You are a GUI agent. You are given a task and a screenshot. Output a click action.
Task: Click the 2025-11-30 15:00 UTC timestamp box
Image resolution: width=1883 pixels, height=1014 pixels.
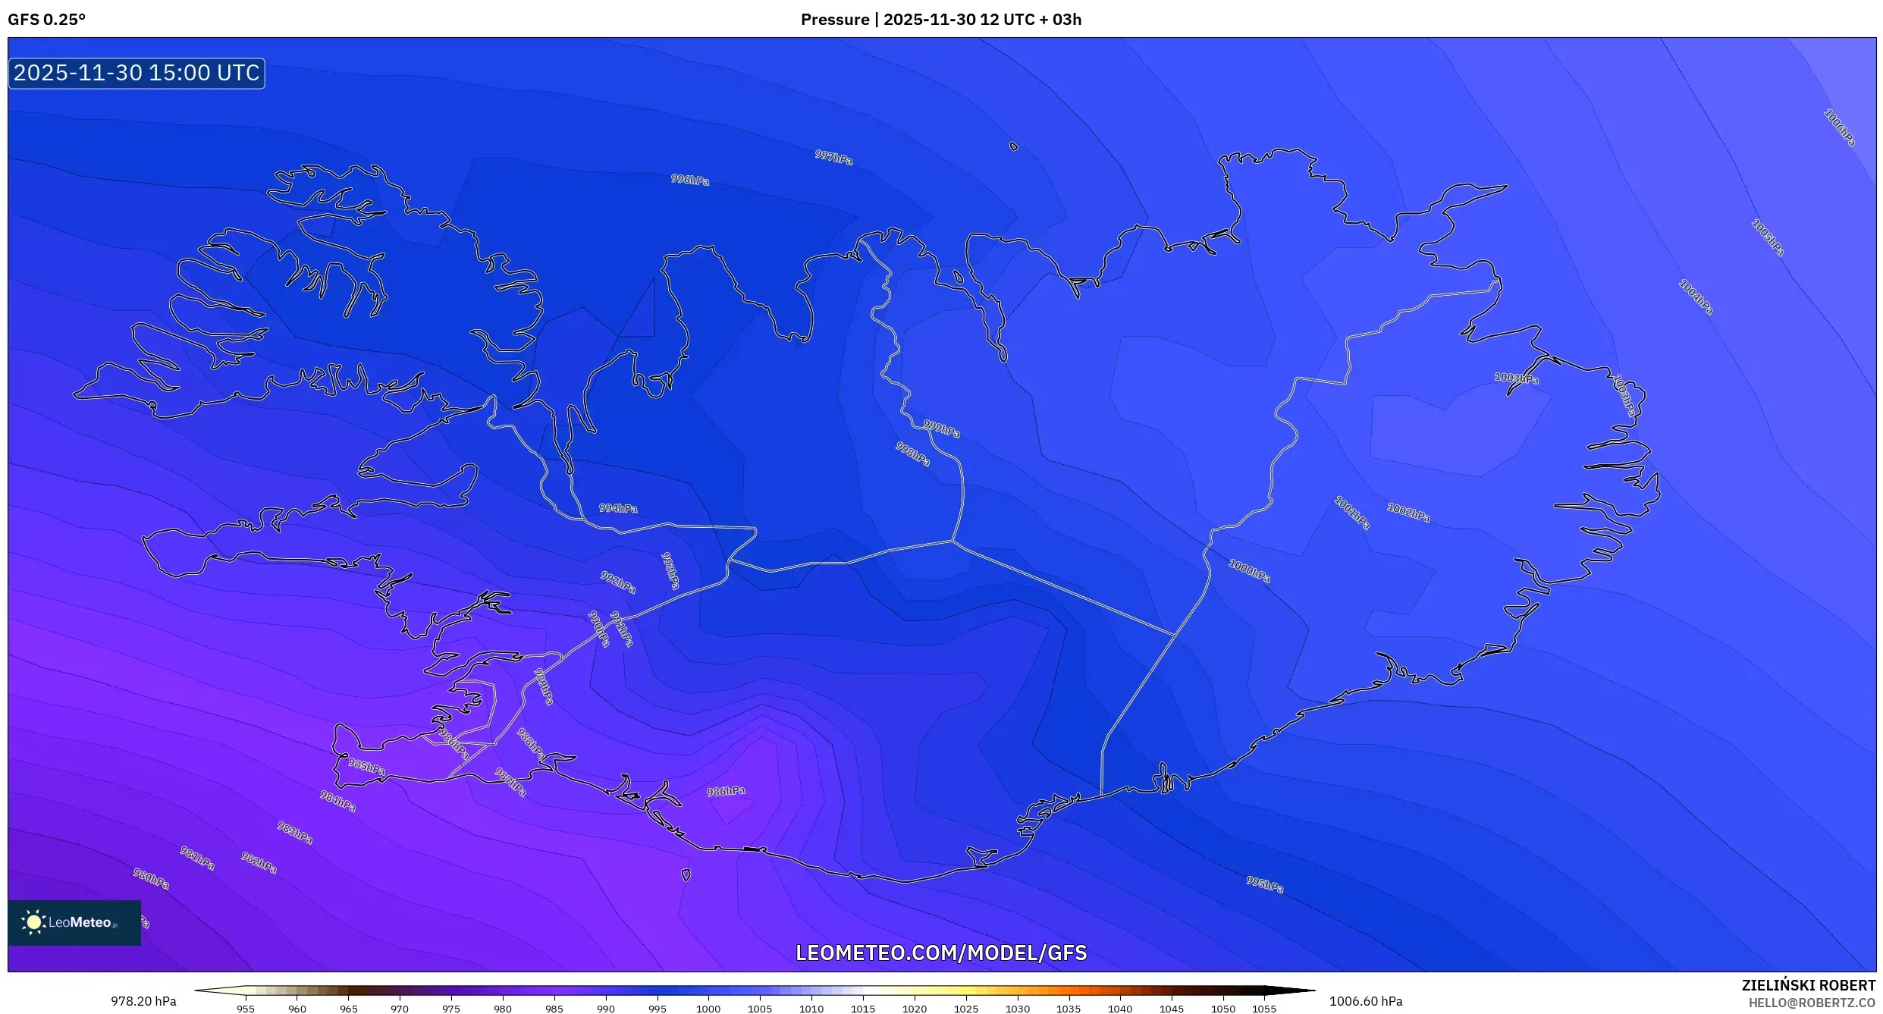coord(137,74)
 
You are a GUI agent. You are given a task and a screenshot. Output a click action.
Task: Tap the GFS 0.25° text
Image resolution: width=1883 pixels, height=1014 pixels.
coord(47,20)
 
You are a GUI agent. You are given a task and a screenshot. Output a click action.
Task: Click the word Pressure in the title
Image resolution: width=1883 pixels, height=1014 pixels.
coord(834,20)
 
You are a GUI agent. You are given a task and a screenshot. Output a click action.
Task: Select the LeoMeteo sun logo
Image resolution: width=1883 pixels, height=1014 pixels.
coord(33,922)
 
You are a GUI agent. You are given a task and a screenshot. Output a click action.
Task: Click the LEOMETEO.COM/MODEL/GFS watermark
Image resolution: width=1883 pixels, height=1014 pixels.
coord(940,953)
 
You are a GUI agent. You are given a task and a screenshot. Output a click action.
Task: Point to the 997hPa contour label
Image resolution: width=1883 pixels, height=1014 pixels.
coord(833,157)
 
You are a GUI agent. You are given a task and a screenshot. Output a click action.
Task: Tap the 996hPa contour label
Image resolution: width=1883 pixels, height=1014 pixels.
coord(689,180)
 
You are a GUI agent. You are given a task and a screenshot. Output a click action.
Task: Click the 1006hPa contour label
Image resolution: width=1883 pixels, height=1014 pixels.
coord(1839,128)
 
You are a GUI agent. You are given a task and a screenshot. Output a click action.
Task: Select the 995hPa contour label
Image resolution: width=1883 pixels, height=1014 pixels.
coord(1264,884)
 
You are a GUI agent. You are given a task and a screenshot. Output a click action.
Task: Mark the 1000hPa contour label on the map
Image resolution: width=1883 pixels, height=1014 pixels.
coord(1249,571)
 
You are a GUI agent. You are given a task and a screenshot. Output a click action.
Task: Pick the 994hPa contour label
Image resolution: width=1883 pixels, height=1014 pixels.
coord(618,508)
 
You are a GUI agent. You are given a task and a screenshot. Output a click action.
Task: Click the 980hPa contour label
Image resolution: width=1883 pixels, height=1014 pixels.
coord(151,879)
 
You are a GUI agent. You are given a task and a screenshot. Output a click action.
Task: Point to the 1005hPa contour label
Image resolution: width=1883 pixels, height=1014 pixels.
coord(1767,238)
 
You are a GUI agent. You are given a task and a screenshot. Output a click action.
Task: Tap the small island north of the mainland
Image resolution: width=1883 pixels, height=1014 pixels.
coord(1014,146)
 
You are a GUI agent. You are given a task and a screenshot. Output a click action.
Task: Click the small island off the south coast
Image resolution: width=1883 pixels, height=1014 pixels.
coord(686,874)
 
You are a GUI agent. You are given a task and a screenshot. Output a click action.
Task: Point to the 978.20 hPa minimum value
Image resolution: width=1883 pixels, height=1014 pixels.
coord(143,1001)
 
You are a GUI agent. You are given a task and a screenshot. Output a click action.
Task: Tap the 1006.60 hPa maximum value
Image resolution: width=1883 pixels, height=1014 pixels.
coord(1365,1001)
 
